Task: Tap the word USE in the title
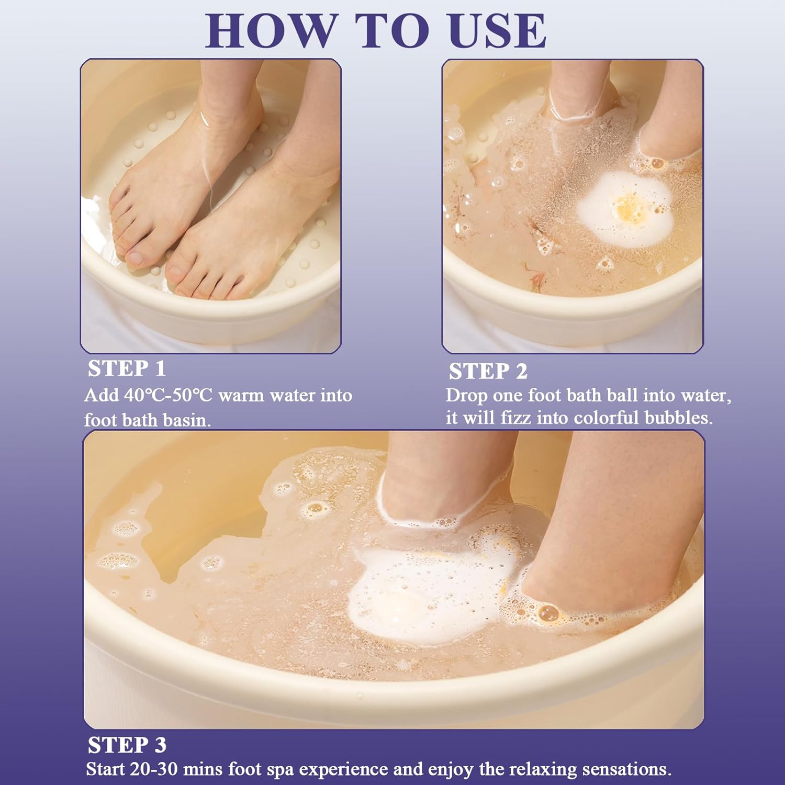coord(497,31)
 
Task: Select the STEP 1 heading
coord(127,368)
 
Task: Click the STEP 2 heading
coord(488,371)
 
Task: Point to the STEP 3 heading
coord(127,745)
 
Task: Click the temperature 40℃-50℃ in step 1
coord(169,395)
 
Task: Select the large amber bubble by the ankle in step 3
coord(547,612)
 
